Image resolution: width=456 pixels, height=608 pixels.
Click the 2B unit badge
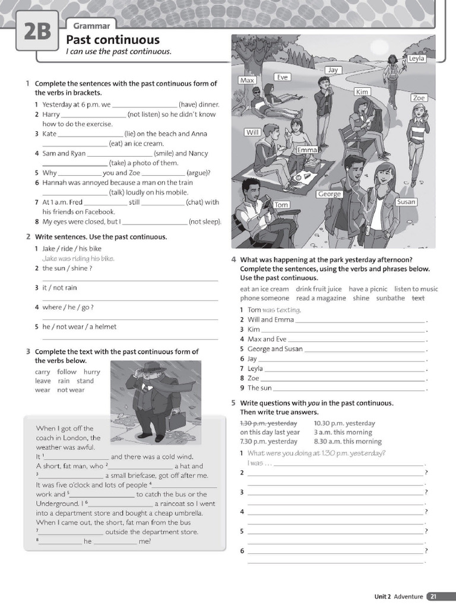tap(37, 31)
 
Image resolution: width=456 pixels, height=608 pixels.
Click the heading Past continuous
tap(112, 40)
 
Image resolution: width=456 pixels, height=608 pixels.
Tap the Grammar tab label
tap(91, 26)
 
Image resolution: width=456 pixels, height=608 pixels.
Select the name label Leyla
tap(417, 58)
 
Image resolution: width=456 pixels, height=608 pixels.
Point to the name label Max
tap(247, 80)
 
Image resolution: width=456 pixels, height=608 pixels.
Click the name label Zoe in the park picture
tap(419, 98)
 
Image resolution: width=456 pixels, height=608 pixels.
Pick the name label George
tap(329, 194)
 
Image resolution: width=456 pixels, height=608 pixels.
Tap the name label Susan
tap(406, 202)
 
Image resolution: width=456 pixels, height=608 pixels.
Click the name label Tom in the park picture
tap(281, 205)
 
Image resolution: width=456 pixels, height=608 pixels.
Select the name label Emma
tap(307, 150)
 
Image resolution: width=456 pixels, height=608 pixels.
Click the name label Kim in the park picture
tap(362, 91)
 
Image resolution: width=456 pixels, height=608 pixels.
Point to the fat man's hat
tap(150, 367)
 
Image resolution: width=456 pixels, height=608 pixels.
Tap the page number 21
tap(433, 597)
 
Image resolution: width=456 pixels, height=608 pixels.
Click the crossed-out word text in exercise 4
tap(418, 298)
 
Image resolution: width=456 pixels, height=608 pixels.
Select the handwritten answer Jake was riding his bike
tap(78, 258)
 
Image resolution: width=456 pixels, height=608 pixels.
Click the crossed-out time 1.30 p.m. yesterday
tap(268, 423)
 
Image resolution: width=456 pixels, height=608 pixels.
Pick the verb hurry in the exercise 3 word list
tap(92, 372)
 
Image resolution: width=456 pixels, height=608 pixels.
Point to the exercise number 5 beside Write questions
tap(233, 403)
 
